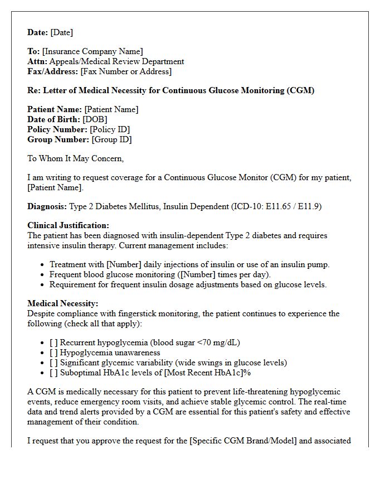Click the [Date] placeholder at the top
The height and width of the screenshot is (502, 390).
[x=61, y=32]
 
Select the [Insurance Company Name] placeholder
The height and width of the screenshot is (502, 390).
[x=92, y=51]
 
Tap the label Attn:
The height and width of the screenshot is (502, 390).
[x=37, y=61]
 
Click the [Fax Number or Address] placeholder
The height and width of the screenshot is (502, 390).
[x=126, y=71]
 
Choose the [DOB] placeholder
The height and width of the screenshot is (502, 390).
[x=95, y=119]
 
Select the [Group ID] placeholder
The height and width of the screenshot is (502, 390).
[x=111, y=139]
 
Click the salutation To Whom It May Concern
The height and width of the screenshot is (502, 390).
[x=75, y=158]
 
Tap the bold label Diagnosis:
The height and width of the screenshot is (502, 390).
[x=47, y=206]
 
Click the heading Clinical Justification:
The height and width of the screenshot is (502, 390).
[x=68, y=225]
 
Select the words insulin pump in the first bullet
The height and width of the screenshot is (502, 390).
[x=306, y=264]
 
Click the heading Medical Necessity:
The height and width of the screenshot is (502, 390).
[x=62, y=303]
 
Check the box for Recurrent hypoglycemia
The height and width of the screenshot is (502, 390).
[x=53, y=342]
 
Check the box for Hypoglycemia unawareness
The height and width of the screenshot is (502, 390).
[x=53, y=353]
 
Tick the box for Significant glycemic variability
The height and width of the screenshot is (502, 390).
[x=53, y=363]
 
